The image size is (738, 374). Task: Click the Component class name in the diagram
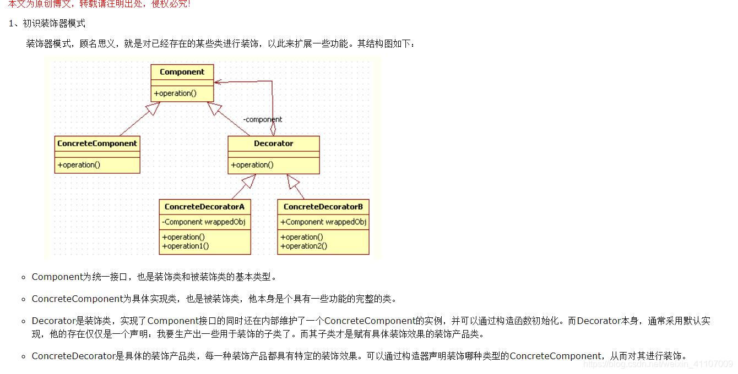pyautogui.click(x=182, y=72)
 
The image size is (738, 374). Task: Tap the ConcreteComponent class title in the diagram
pyautogui.click(x=97, y=144)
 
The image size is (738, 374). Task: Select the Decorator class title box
pyautogui.click(x=273, y=144)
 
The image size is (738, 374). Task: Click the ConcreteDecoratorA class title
pyautogui.click(x=204, y=207)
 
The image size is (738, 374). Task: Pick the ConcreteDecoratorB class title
pyautogui.click(x=323, y=207)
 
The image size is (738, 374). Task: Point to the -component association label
pyautogui.click(x=263, y=119)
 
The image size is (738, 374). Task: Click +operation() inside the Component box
pyautogui.click(x=175, y=94)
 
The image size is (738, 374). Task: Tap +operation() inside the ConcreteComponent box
pyautogui.click(x=79, y=165)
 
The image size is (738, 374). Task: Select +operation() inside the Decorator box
pyautogui.click(x=252, y=165)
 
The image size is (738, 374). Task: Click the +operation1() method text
pyautogui.click(x=186, y=246)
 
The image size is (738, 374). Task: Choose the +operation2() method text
pyautogui.click(x=303, y=246)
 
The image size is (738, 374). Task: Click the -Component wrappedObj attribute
pyautogui.click(x=204, y=222)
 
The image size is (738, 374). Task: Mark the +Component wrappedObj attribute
pyautogui.click(x=323, y=222)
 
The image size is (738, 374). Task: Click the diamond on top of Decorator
pyautogui.click(x=273, y=129)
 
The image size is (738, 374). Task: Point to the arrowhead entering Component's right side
pyautogui.click(x=219, y=82)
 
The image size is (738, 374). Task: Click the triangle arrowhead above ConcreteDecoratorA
pyautogui.click(x=248, y=181)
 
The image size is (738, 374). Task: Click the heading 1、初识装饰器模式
pyautogui.click(x=47, y=24)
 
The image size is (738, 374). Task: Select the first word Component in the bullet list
pyautogui.click(x=57, y=277)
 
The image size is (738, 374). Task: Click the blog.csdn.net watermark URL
pyautogui.click(x=658, y=364)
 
